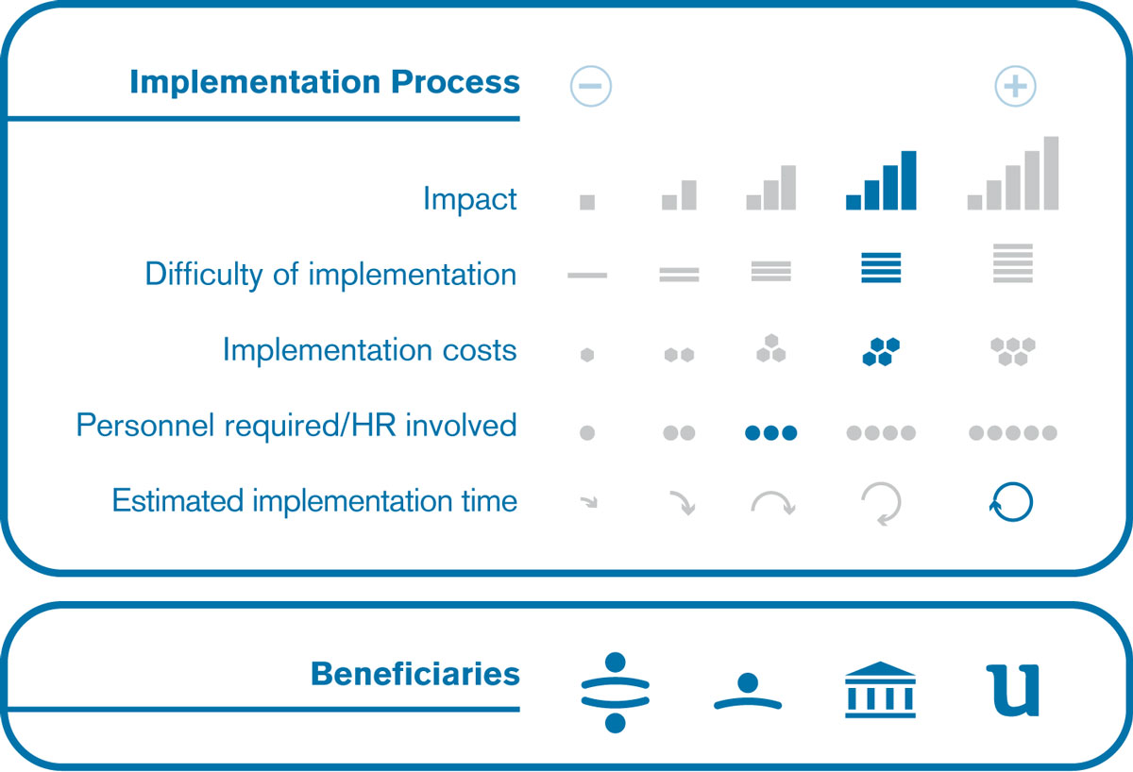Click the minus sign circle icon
point(591,86)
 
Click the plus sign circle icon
point(1015,86)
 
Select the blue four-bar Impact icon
point(881,180)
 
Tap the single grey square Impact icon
point(587,202)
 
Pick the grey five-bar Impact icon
point(1012,173)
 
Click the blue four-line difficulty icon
point(881,267)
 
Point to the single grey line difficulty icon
point(587,276)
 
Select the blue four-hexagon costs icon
point(881,351)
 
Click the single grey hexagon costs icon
point(587,355)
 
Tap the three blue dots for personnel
point(770,433)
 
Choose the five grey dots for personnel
point(1012,433)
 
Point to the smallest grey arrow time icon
point(589,502)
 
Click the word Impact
point(470,198)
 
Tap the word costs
point(480,350)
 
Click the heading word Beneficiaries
point(415,674)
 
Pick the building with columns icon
point(880,690)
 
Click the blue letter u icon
point(1013,691)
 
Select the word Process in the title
point(455,81)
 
